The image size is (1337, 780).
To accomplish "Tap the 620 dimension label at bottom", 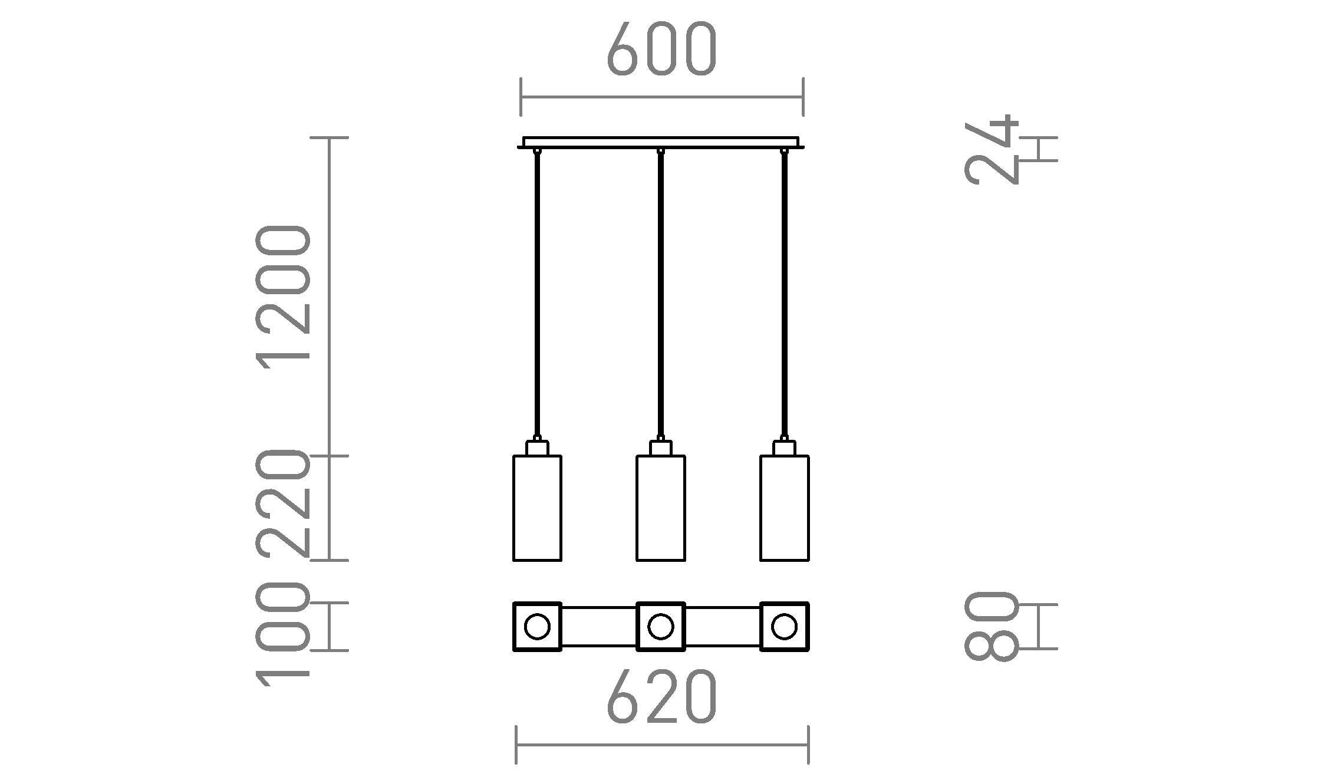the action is [661, 697].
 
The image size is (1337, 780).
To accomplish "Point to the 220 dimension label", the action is [282, 503].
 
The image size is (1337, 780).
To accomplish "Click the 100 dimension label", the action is [282, 634].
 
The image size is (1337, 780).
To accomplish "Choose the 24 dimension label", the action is [992, 149].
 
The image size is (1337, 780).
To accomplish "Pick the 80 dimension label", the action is [992, 626].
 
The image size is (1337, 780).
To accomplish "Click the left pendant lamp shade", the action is [537, 508].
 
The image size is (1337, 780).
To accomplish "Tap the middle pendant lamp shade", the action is [661, 508].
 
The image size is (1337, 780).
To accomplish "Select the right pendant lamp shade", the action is [785, 508].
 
